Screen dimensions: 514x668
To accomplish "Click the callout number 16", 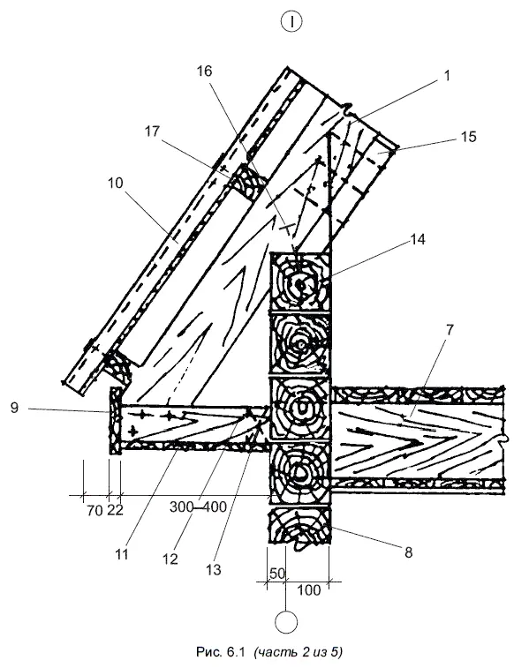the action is coord(204,71).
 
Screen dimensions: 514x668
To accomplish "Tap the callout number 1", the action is coord(447,76).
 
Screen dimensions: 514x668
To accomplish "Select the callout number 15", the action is coord(468,137).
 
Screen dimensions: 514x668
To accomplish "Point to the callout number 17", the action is coord(152,131).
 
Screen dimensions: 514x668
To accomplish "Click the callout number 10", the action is coord(115,184).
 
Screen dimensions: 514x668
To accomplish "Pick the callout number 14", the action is coord(417,239).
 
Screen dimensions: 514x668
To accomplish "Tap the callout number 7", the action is coord(450,329).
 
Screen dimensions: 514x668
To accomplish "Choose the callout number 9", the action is coord(14,408).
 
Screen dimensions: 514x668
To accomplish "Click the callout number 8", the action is coord(408,552).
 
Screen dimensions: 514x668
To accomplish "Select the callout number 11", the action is coord(122,555).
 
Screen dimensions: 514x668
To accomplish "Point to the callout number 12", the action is coord(170,559).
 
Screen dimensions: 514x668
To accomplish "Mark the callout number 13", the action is coord(213,569).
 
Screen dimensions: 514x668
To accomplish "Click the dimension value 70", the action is coord(94,509).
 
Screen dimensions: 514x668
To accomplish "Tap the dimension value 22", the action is coord(115,509).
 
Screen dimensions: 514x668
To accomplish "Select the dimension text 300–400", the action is coord(198,507).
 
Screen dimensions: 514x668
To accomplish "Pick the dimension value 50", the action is coord(277,574).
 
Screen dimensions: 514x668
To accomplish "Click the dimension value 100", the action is coord(308,590).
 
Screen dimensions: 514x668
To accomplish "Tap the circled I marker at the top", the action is coord(291,22).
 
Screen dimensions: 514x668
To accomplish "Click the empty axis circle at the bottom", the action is coord(286,622).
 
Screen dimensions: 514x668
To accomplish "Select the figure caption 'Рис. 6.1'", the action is coord(222,652).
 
